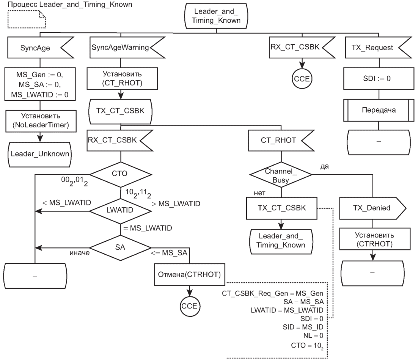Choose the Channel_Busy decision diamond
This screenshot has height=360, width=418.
(x=281, y=175)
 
